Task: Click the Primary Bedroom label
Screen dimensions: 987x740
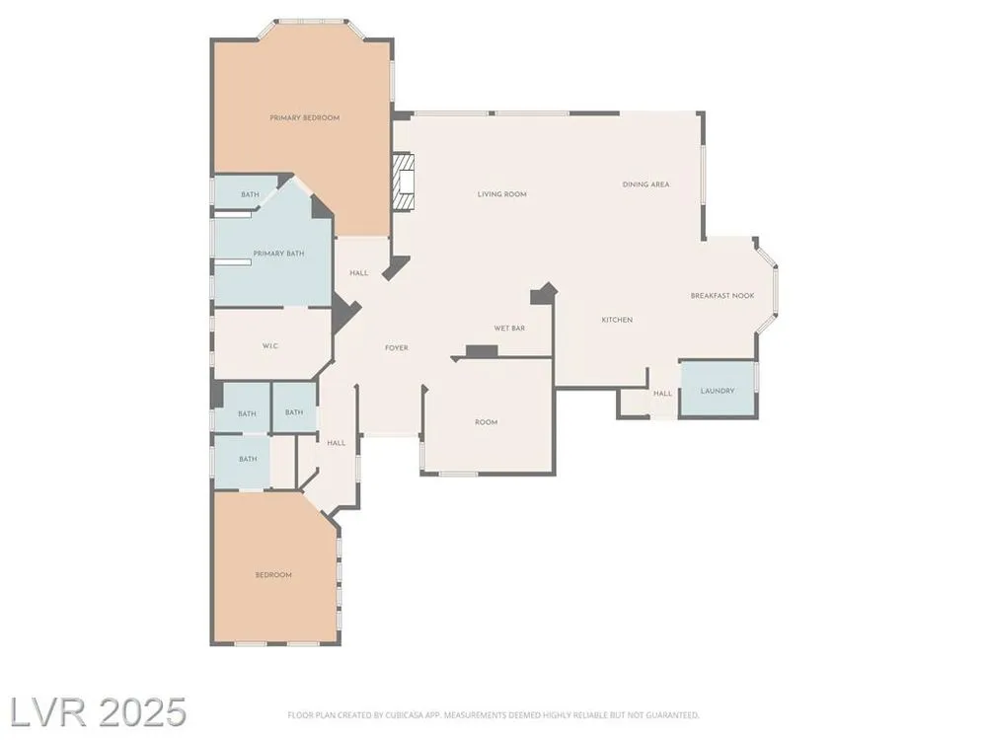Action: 305,117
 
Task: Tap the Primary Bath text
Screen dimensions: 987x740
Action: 279,254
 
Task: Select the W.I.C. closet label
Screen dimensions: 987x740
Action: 270,346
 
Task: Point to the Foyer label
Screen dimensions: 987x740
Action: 397,347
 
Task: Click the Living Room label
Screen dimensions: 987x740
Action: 502,194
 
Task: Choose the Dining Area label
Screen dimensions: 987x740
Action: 645,185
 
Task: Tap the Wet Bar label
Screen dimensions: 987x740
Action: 509,328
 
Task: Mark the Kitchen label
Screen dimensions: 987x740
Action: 617,320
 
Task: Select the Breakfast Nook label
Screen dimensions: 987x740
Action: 722,295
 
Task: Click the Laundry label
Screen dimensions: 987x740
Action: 718,391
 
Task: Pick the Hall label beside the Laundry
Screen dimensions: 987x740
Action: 663,394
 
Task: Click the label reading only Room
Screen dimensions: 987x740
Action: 486,422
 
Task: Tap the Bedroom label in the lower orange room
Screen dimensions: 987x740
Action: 273,574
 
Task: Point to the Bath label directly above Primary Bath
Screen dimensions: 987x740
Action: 250,194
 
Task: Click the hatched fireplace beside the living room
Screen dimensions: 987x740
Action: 403,182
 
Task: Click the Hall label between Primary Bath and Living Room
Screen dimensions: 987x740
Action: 359,273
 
